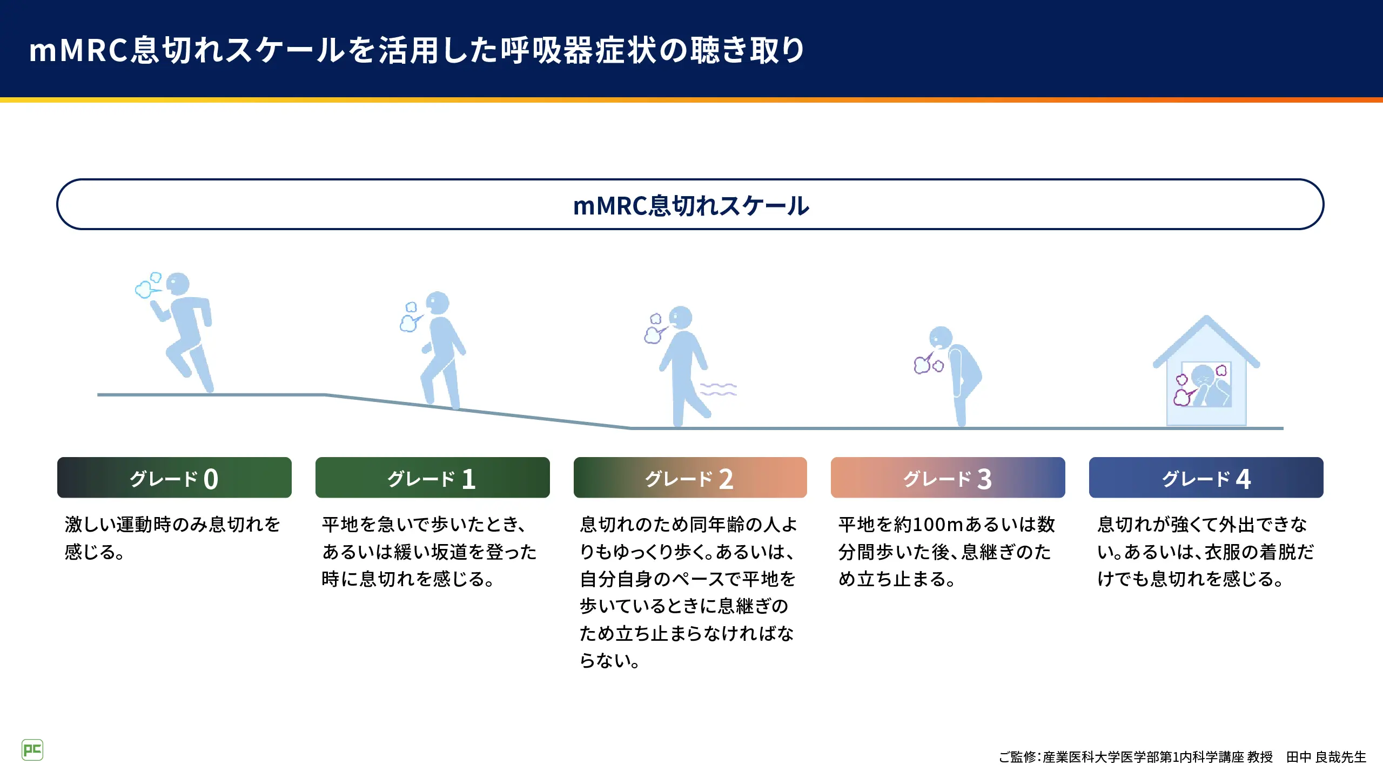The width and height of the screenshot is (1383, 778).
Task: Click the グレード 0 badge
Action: pos(174,478)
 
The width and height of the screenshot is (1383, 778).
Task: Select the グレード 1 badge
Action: pos(433,478)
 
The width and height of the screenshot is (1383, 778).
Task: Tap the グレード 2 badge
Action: pos(690,478)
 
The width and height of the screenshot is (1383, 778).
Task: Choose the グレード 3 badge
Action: pos(948,478)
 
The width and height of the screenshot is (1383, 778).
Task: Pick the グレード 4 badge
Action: pos(1206,478)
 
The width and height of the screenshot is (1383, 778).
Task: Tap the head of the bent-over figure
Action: pos(941,338)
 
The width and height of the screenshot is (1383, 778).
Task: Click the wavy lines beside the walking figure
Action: pos(719,389)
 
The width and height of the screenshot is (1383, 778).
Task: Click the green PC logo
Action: pos(32,750)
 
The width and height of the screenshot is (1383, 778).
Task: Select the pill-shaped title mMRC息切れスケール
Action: pos(690,205)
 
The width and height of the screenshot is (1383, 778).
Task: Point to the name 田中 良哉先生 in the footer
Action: pos(1326,757)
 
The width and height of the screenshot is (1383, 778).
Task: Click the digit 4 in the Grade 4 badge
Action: pos(1243,479)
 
